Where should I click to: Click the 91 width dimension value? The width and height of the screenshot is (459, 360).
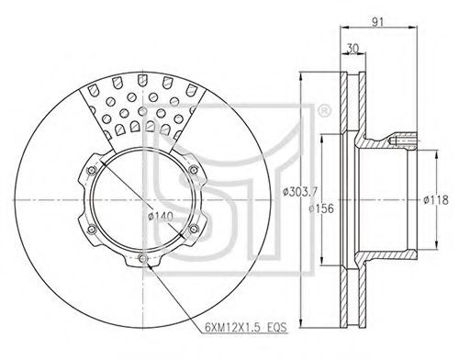click(x=377, y=22)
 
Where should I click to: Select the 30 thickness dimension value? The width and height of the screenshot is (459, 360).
click(x=353, y=49)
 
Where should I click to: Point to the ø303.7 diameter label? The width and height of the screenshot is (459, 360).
click(x=300, y=192)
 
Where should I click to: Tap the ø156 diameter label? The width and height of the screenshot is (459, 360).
click(x=321, y=208)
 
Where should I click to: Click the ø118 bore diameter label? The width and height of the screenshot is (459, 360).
click(x=436, y=200)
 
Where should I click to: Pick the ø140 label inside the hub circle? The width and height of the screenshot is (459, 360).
click(x=161, y=217)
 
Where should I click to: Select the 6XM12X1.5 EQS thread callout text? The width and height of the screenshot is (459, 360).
click(x=246, y=328)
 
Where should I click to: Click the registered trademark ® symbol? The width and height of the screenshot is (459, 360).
click(x=324, y=111)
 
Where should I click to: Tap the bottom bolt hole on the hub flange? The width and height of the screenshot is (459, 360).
click(x=142, y=259)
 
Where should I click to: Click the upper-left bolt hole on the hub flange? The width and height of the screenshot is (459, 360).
click(x=91, y=170)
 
